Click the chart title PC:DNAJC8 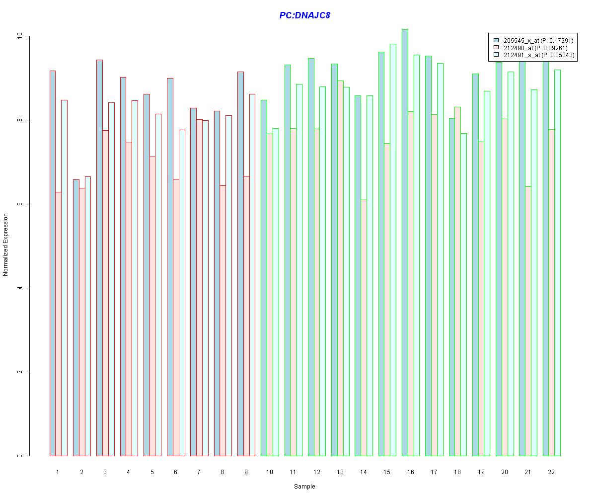pyautogui.click(x=304, y=15)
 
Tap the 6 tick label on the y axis pyautogui.click(x=20, y=204)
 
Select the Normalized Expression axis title pyautogui.click(x=5, y=245)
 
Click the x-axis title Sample pyautogui.click(x=304, y=486)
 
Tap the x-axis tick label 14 pyautogui.click(x=363, y=471)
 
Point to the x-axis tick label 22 pyautogui.click(x=551, y=471)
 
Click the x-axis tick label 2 pyautogui.click(x=81, y=471)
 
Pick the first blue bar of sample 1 pyautogui.click(x=52, y=263)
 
